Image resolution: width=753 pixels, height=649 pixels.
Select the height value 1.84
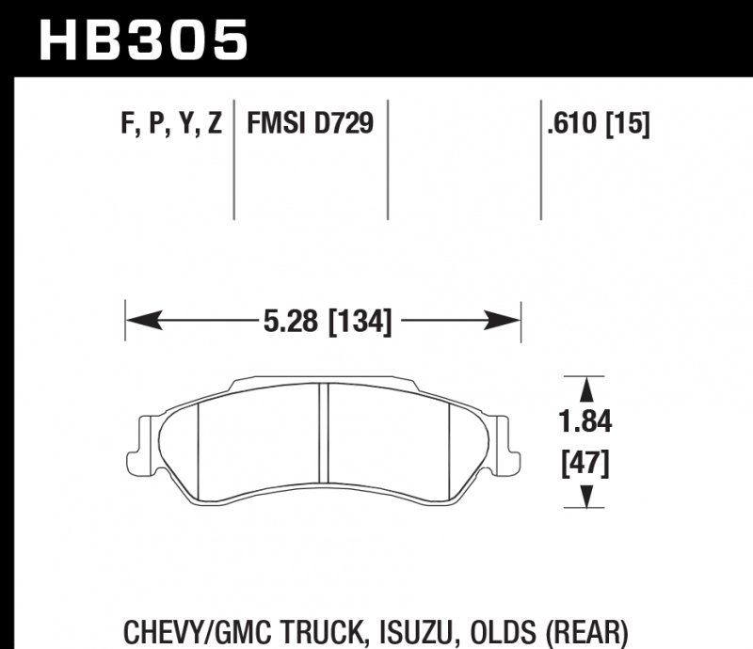[x=588, y=423]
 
